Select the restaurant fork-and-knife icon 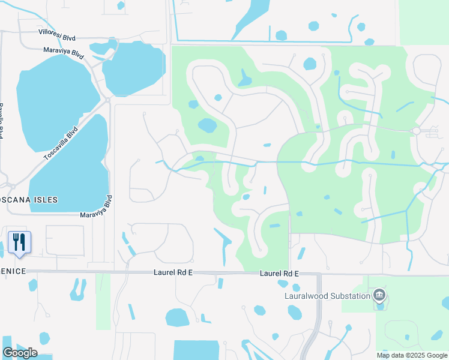pos(19,242)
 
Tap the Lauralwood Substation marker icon pos(379,295)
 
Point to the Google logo pos(20,352)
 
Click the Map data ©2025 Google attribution pos(412,355)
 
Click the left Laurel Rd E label pos(172,273)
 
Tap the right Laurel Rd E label pos(279,274)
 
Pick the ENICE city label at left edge pos(13,271)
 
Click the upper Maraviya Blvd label pos(62,52)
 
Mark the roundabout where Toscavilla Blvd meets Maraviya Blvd pos(107,100)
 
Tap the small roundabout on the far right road pos(415,131)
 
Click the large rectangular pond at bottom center pos(196,350)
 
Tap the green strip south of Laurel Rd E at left pos(103,300)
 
